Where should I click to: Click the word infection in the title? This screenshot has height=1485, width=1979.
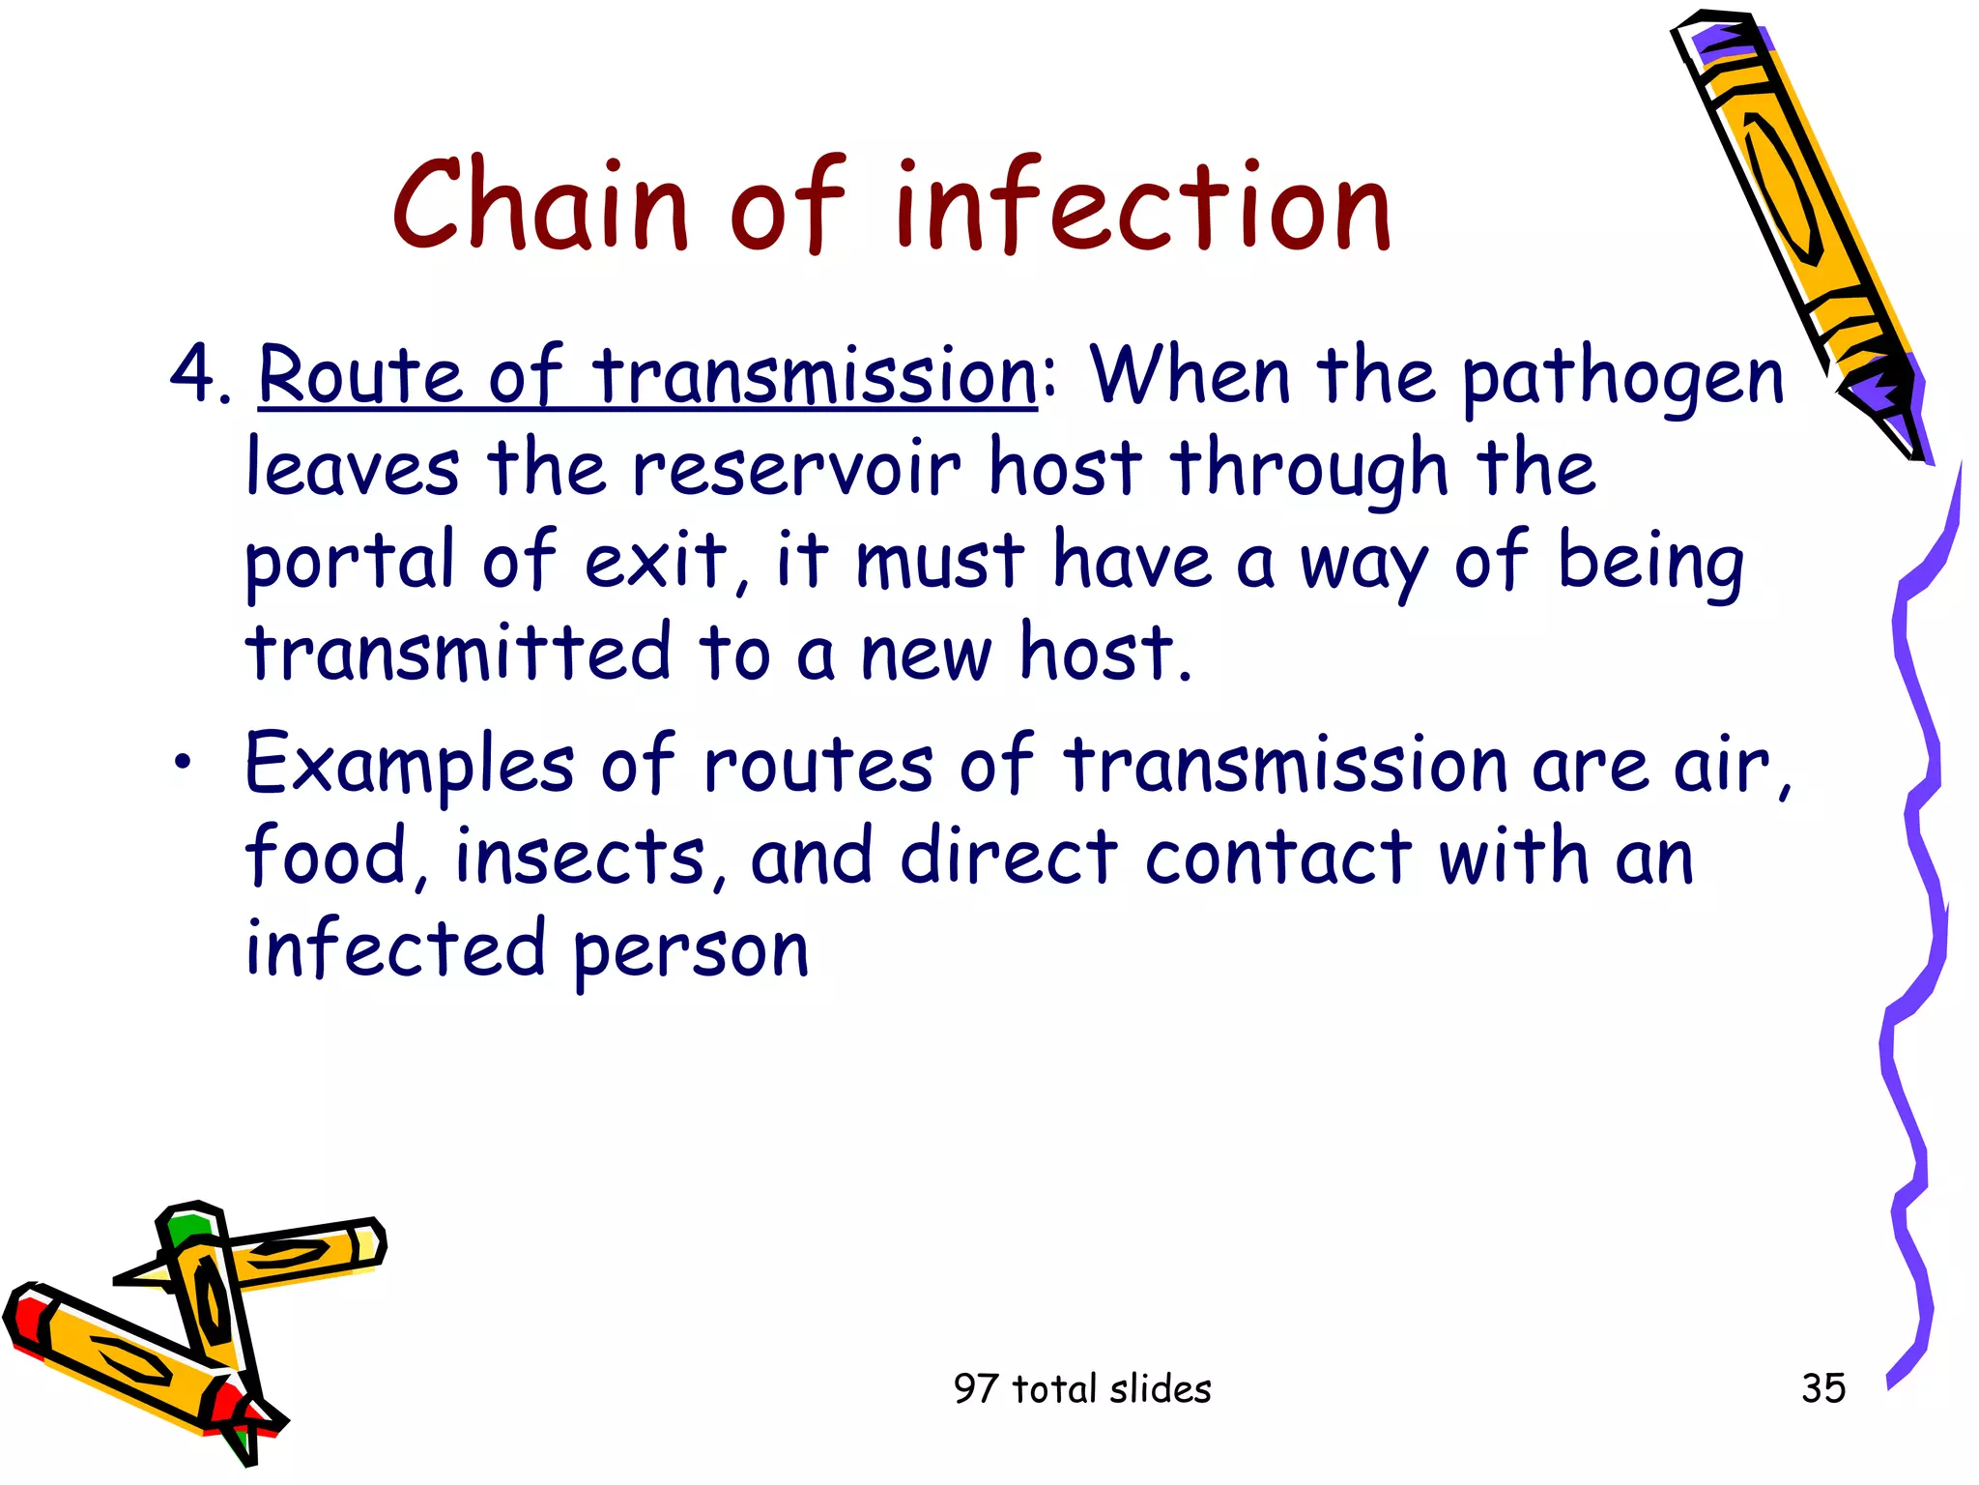coord(1142,205)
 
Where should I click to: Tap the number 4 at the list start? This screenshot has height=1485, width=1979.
coord(191,374)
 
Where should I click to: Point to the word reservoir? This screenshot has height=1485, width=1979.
coord(796,468)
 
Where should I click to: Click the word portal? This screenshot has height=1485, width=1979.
coord(350,561)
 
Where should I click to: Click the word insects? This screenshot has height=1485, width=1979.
coord(580,857)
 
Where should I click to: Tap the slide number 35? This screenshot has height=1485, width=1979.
coord(1822,1388)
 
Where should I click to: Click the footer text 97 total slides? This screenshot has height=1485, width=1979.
coord(1082,1389)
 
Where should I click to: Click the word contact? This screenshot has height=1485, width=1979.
coord(1277,857)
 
